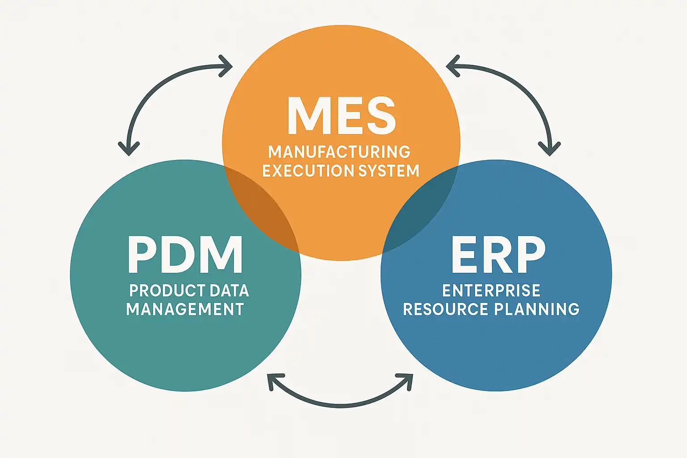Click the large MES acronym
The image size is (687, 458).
pos(341,115)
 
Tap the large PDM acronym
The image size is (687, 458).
pos(185,254)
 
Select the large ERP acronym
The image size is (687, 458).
pos(498,254)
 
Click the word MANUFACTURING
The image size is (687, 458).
pos(339,152)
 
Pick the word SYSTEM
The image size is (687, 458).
pos(389,171)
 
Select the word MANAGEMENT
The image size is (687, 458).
pos(185,310)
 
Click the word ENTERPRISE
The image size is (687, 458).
pos(491,291)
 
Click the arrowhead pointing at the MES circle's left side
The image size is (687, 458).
pos(227,67)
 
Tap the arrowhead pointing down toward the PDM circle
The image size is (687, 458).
pos(129,148)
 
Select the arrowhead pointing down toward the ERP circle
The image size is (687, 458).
pos(549,148)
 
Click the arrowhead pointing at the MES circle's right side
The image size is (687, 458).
pos(452,67)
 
